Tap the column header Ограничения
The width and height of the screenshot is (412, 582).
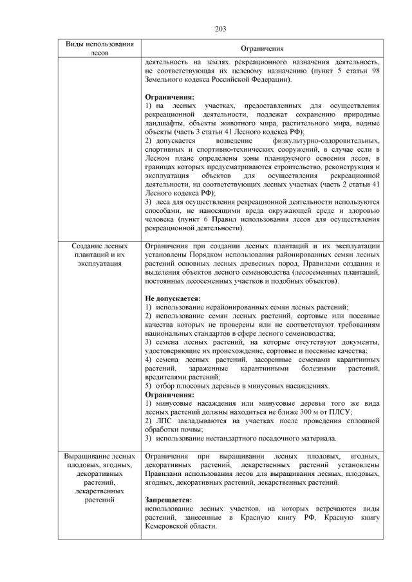(x=262, y=49)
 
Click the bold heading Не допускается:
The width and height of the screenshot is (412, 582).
(x=173, y=298)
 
